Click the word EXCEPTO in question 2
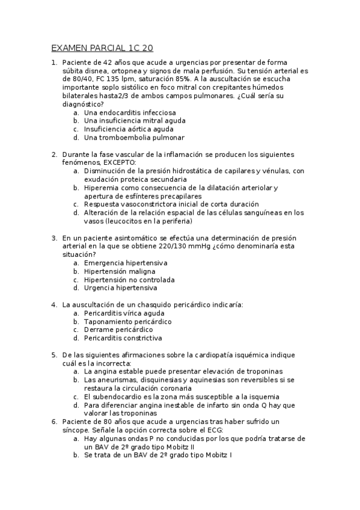coord(120,162)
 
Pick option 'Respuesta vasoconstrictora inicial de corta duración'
coord(171,204)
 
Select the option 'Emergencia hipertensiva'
coord(126,263)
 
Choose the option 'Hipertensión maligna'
coord(121,271)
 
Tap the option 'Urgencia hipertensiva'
coord(123,287)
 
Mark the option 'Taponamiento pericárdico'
coord(127,321)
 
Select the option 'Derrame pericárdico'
coord(118,330)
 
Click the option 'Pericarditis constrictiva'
coord(123,338)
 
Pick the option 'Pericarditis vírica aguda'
coord(124,313)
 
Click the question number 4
coord(54,304)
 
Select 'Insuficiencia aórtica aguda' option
coord(129,129)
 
